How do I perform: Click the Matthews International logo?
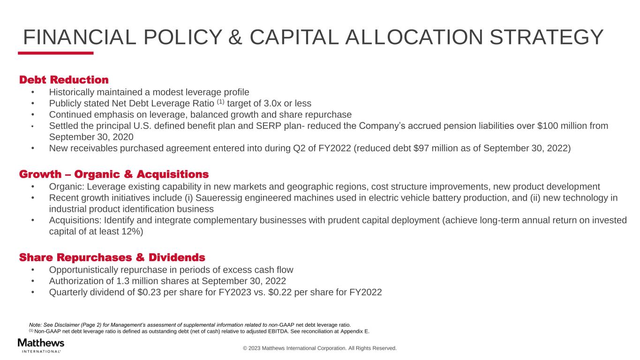[x=41, y=345]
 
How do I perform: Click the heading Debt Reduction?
[x=64, y=80]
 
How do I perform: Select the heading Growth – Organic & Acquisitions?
[x=114, y=175]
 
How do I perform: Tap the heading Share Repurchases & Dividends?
[x=112, y=258]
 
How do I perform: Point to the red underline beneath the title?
[x=56, y=53]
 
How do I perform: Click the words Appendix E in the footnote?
[x=354, y=331]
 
